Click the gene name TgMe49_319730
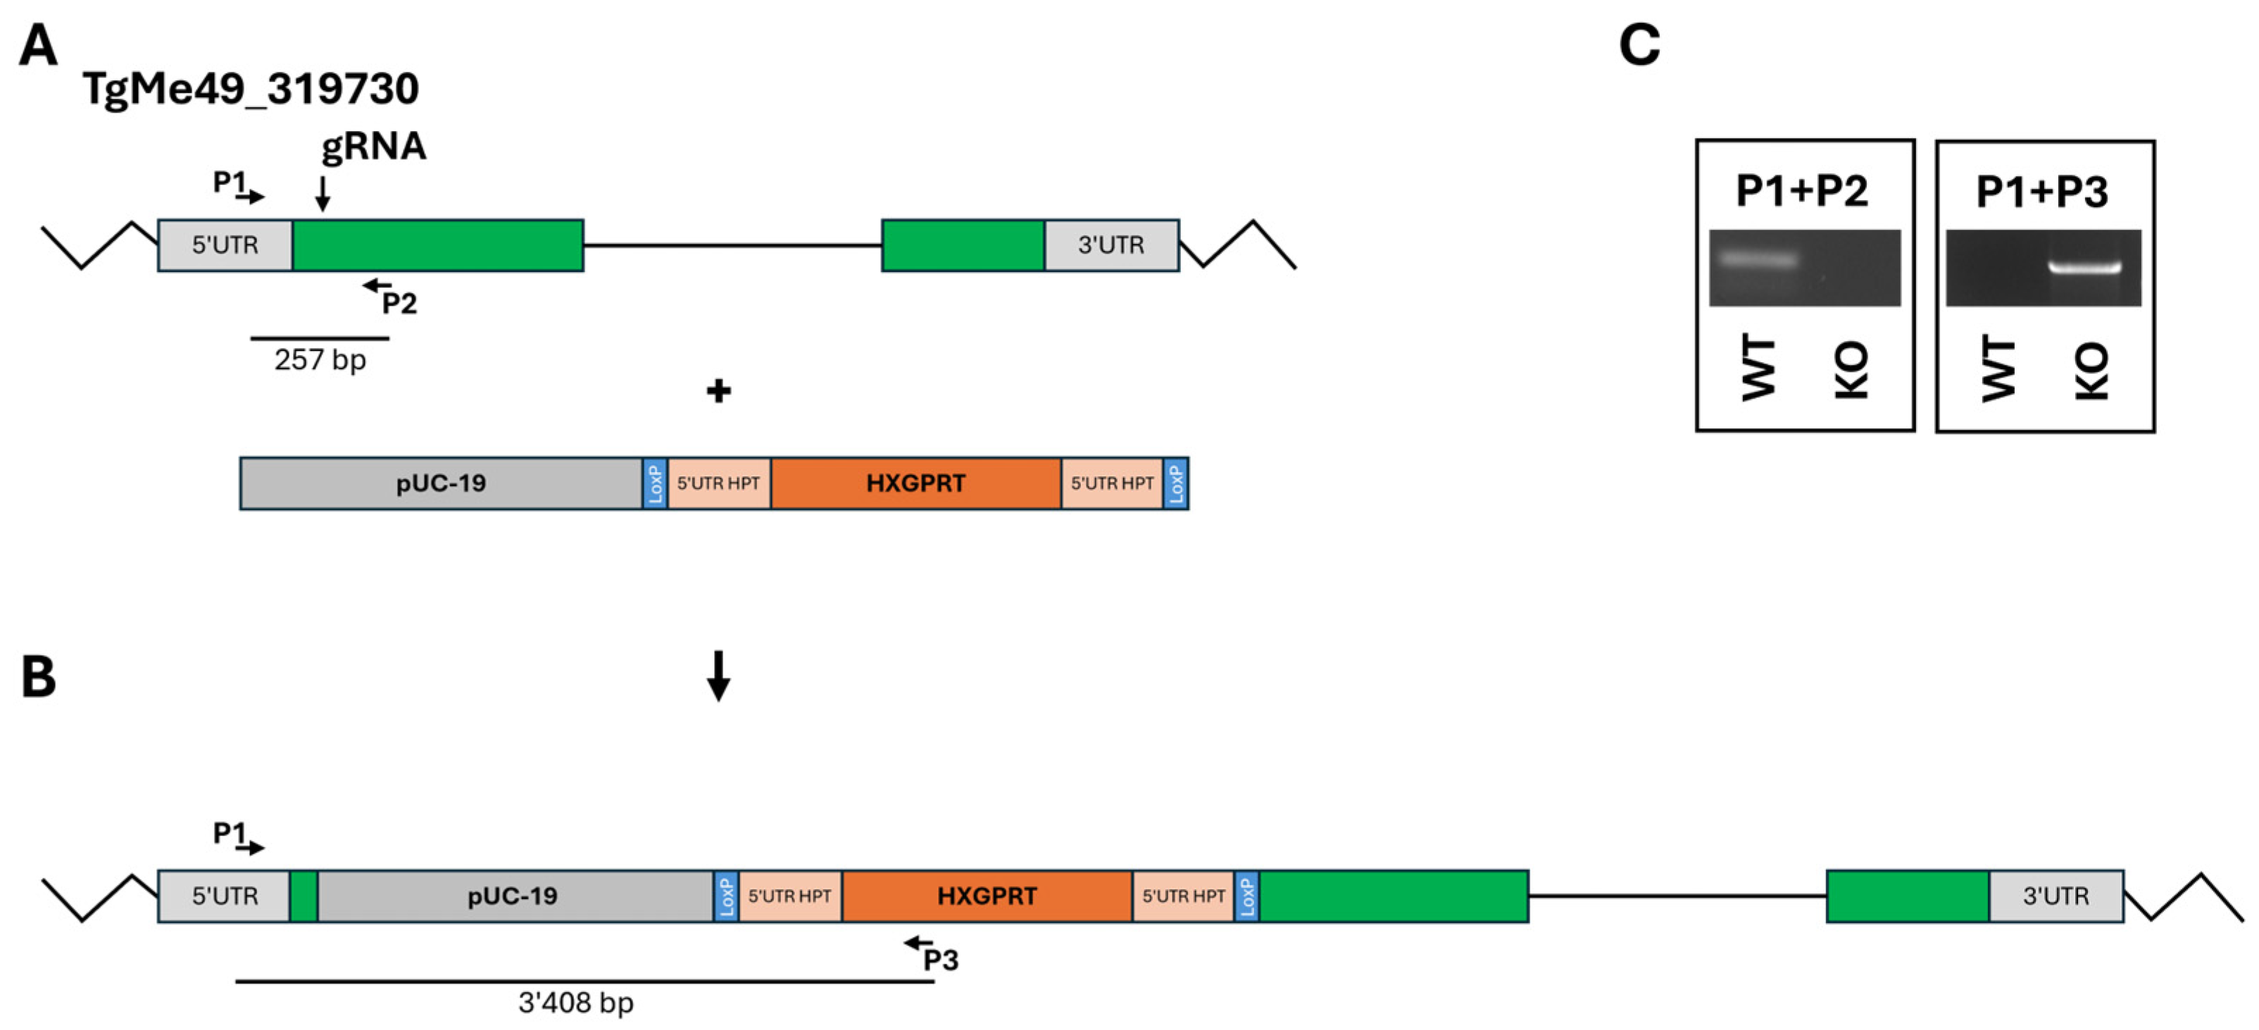coord(251,89)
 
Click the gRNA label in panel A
coord(374,147)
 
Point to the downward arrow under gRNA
coord(323,194)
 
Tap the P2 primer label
coord(399,304)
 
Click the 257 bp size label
coord(320,360)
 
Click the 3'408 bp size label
coord(575,1002)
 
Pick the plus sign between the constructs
coord(718,391)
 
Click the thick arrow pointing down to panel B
coord(718,676)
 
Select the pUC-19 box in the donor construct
coord(441,483)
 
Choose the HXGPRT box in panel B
coord(987,895)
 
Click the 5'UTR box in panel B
coord(225,895)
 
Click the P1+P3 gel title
coord(2041,191)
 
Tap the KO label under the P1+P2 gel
coord(1852,371)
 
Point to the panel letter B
coord(39,678)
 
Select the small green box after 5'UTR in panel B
coord(304,895)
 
